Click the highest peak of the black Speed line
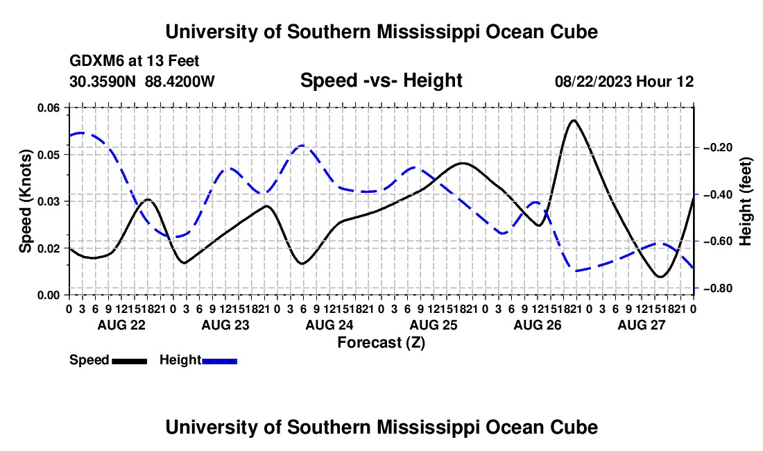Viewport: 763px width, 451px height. click(574, 120)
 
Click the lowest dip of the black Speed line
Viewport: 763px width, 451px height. click(660, 276)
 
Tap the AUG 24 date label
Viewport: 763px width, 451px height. click(329, 325)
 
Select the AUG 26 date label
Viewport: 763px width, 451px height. click(537, 325)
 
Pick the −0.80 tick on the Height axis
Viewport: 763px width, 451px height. click(718, 289)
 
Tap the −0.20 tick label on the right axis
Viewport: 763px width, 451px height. click(718, 147)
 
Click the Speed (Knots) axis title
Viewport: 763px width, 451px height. click(25, 201)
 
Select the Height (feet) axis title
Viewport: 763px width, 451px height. click(745, 201)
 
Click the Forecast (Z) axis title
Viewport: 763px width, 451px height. click(381, 343)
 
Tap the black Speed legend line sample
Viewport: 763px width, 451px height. click(130, 361)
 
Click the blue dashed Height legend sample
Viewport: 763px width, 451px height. click(219, 361)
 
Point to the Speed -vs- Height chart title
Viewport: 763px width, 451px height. click(381, 80)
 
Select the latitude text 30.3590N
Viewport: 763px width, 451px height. click(102, 81)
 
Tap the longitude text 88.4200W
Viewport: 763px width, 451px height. click(180, 81)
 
